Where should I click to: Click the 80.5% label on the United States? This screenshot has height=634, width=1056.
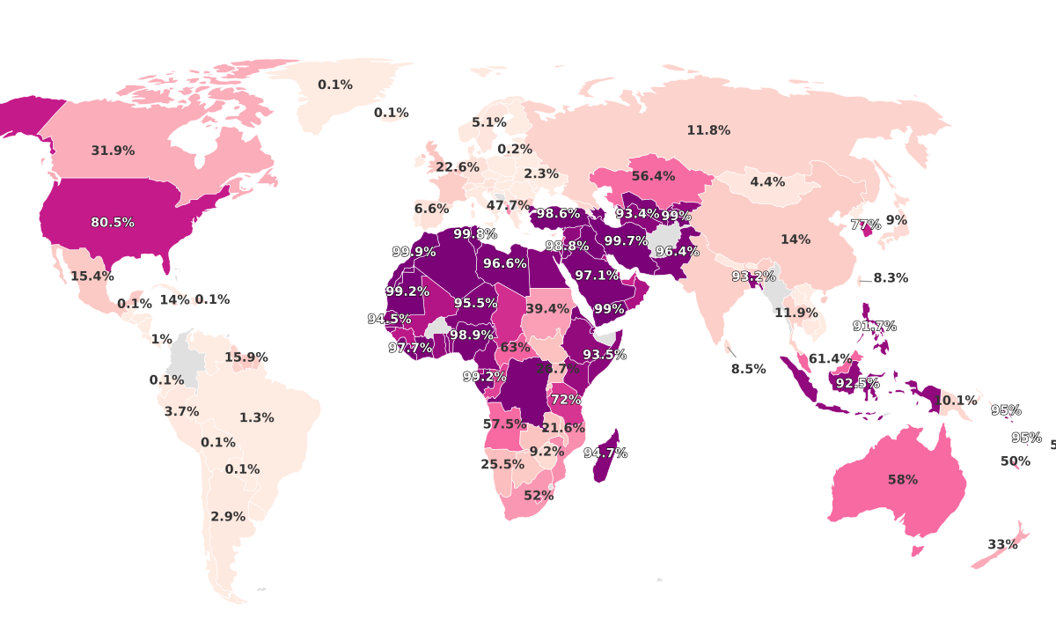coord(113,223)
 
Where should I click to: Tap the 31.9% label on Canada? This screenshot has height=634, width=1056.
coord(113,151)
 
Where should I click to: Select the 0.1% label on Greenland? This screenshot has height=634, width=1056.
coord(335,85)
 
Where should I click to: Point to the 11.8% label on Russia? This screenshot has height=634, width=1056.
coord(708,130)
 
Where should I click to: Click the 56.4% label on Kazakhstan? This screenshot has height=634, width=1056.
coord(653,176)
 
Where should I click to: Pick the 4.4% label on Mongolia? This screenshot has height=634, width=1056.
coord(767,182)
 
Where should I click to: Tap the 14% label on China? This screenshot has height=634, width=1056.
coord(796,240)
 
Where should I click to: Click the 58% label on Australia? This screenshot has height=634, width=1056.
coord(902,480)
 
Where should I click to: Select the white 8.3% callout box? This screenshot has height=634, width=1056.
coord(890,277)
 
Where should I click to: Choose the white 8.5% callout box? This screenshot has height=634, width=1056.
coord(748,369)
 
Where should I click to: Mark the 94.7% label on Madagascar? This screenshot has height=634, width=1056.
coord(605,453)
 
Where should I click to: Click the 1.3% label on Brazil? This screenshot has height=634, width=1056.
coord(257,418)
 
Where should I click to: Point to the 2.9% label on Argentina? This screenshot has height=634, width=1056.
coord(228,517)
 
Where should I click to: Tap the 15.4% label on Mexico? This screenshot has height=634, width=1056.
coord(92,276)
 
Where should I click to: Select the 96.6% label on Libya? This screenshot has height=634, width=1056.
coord(505,263)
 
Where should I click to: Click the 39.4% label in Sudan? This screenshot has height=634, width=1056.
coord(547,309)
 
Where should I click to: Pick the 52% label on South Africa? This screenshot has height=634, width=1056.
coord(539,496)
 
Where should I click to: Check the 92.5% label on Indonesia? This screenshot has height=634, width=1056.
coord(857,384)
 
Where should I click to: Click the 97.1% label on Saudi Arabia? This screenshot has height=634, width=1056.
coord(598,276)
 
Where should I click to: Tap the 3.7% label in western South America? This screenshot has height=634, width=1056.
coord(182,411)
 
